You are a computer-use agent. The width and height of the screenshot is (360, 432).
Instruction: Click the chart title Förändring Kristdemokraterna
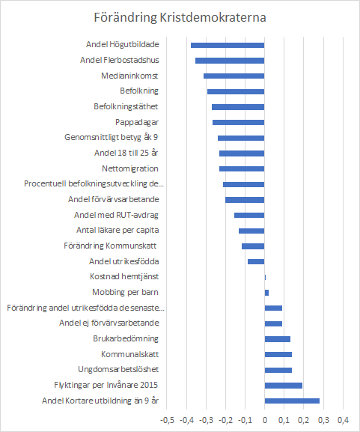pyautogui.click(x=180, y=18)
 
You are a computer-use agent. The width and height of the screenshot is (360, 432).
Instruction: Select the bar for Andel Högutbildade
pyautogui.click(x=228, y=45)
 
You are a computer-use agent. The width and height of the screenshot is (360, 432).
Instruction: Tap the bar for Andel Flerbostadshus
pyautogui.click(x=230, y=61)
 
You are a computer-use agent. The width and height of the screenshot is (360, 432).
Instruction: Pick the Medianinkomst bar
pyautogui.click(x=234, y=76)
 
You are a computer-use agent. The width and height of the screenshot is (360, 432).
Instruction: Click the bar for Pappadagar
pyautogui.click(x=238, y=122)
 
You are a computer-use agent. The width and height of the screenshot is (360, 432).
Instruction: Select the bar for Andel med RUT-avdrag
pyautogui.click(x=249, y=215)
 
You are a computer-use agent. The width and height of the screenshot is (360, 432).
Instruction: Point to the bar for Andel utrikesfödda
pyautogui.click(x=256, y=261)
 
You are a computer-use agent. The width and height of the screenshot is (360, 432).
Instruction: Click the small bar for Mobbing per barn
pyautogui.click(x=266, y=293)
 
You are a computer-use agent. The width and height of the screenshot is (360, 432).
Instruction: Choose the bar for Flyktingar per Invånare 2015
pyautogui.click(x=284, y=386)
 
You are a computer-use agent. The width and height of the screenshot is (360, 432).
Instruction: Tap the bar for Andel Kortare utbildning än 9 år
pyautogui.click(x=292, y=401)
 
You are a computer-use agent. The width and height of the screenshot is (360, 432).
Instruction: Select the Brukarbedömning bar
pyautogui.click(x=278, y=339)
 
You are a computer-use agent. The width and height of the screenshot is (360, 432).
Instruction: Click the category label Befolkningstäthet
pyautogui.click(x=126, y=106)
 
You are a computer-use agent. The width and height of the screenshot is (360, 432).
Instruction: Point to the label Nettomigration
pyautogui.click(x=130, y=168)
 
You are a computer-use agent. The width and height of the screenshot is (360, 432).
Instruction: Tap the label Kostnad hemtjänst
pyautogui.click(x=124, y=276)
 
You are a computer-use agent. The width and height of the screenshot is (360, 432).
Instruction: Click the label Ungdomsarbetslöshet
pyautogui.click(x=118, y=369)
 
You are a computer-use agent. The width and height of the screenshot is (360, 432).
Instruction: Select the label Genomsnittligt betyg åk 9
pyautogui.click(x=112, y=137)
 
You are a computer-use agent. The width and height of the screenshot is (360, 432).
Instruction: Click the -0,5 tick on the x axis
pyautogui.click(x=167, y=420)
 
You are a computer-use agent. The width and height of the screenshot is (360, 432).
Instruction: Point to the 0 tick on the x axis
pyautogui.click(x=265, y=420)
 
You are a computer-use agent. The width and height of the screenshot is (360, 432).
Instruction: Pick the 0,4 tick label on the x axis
pyautogui.click(x=344, y=420)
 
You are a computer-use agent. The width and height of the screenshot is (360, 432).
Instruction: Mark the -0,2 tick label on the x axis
pyautogui.click(x=226, y=420)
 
